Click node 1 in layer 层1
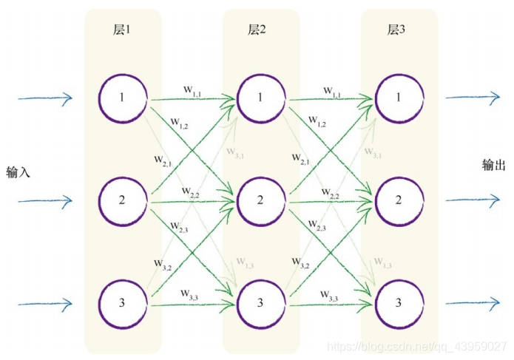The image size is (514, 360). pyautogui.click(x=123, y=98)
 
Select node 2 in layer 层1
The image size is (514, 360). pyautogui.click(x=123, y=200)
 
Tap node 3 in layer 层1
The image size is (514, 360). pyautogui.click(x=123, y=302)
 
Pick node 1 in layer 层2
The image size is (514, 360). pyautogui.click(x=260, y=98)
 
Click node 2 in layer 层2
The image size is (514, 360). pyautogui.click(x=260, y=200)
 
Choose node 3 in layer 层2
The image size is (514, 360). pyautogui.click(x=260, y=302)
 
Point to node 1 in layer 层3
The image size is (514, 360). pyautogui.click(x=399, y=98)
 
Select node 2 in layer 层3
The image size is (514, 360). pyautogui.click(x=399, y=200)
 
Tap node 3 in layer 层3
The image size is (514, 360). pyautogui.click(x=399, y=302)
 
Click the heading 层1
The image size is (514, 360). pyautogui.click(x=121, y=30)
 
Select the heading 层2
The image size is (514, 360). pyautogui.click(x=257, y=30)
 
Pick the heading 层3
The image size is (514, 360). pyautogui.click(x=396, y=30)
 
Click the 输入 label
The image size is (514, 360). pyautogui.click(x=17, y=172)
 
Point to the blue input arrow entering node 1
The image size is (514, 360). pyautogui.click(x=45, y=98)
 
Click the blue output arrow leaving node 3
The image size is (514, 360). pyautogui.click(x=473, y=302)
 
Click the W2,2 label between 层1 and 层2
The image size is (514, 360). pyautogui.click(x=191, y=194)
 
